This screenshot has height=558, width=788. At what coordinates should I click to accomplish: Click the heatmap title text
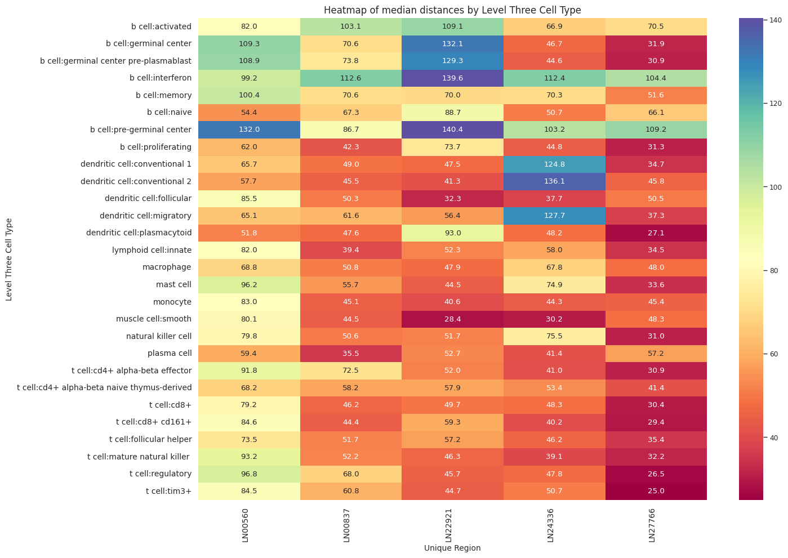point(452,10)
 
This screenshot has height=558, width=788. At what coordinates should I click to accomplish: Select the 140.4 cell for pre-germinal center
point(452,130)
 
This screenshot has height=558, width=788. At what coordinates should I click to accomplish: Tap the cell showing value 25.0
point(656,491)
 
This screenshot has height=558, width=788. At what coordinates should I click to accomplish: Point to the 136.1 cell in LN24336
point(554,181)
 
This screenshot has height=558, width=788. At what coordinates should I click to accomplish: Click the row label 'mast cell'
point(173,284)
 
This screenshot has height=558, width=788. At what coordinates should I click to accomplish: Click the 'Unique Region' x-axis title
point(452,548)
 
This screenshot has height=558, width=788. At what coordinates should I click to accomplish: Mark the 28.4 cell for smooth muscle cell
point(452,319)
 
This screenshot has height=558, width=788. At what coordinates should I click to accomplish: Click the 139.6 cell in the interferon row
point(452,78)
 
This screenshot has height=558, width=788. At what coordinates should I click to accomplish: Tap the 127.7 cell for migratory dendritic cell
point(554,216)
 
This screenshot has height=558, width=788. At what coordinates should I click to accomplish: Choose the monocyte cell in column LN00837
point(351,302)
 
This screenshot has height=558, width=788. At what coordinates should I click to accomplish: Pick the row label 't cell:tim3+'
point(168,491)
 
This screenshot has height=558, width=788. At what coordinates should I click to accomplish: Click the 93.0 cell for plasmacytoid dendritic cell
point(452,233)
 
